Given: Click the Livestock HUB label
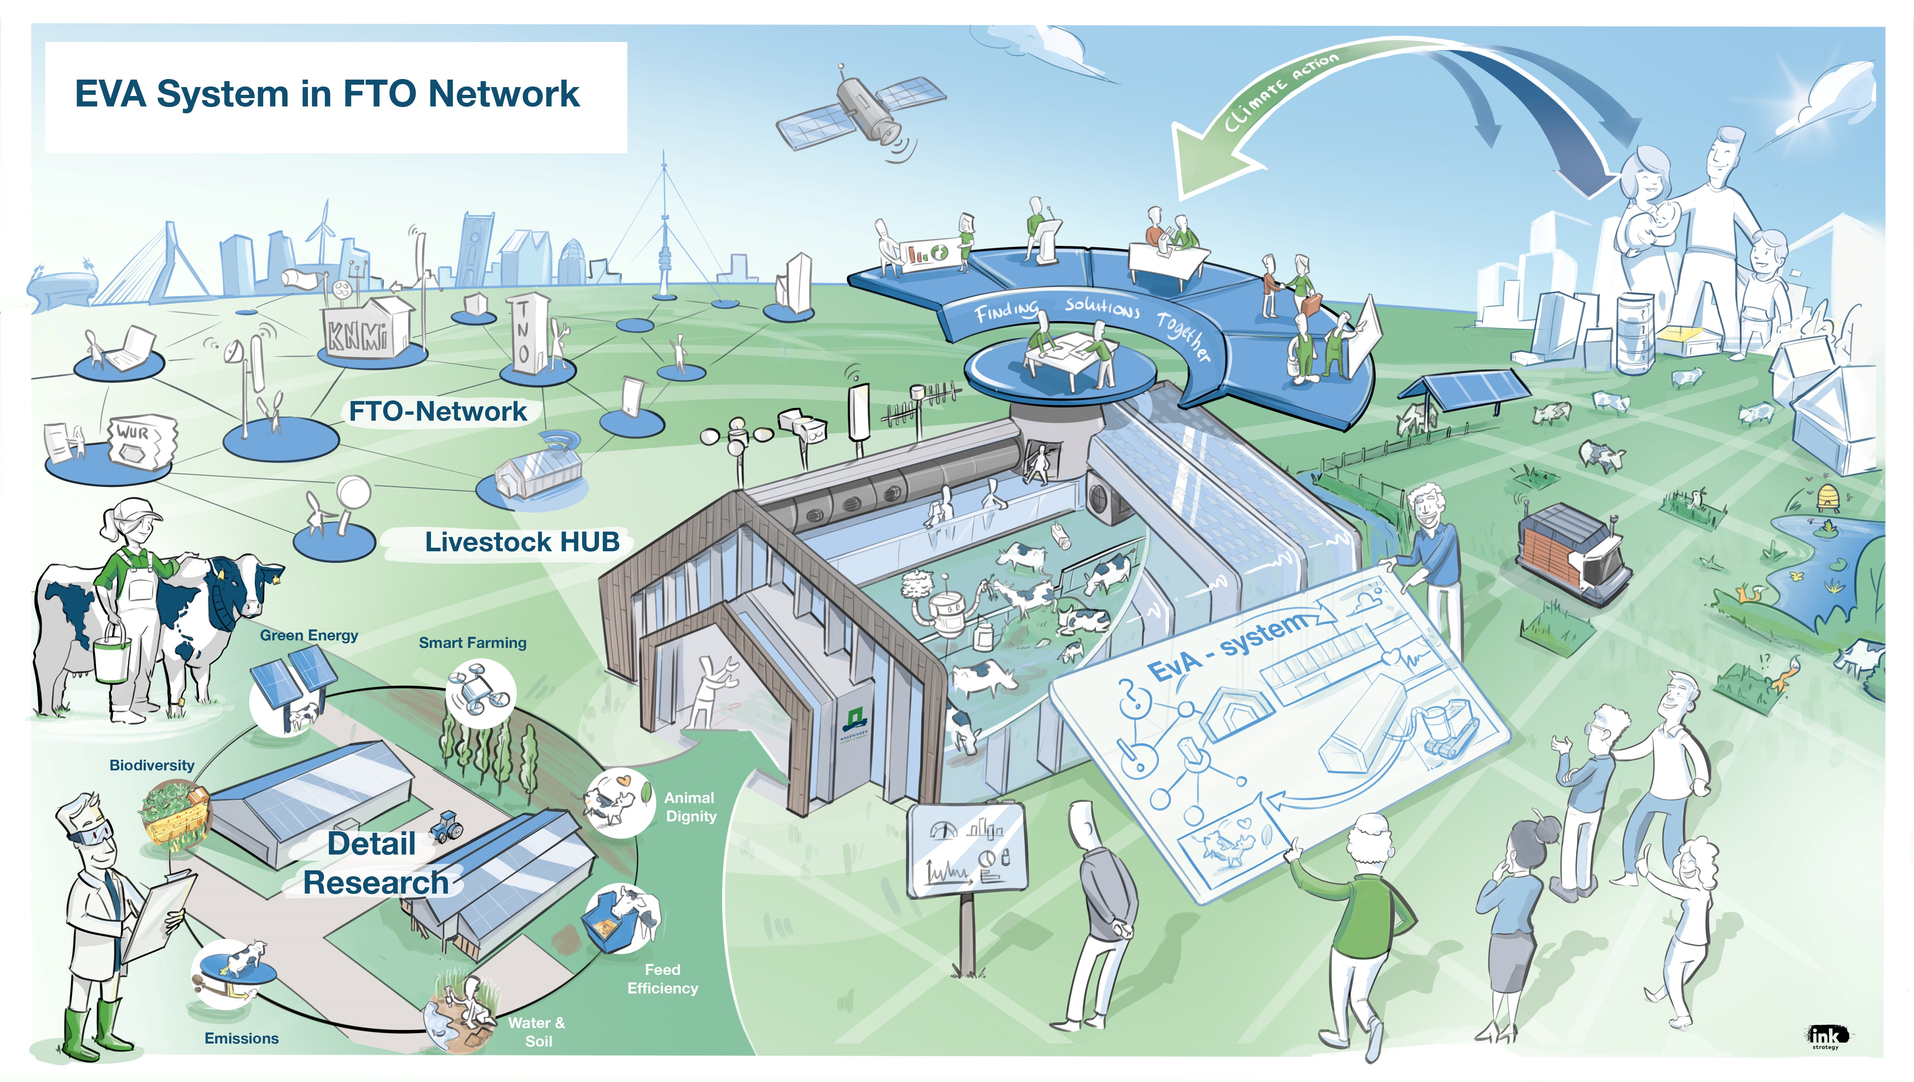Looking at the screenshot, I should click(x=522, y=542).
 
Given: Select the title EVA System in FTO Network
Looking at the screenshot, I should click(x=327, y=95).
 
